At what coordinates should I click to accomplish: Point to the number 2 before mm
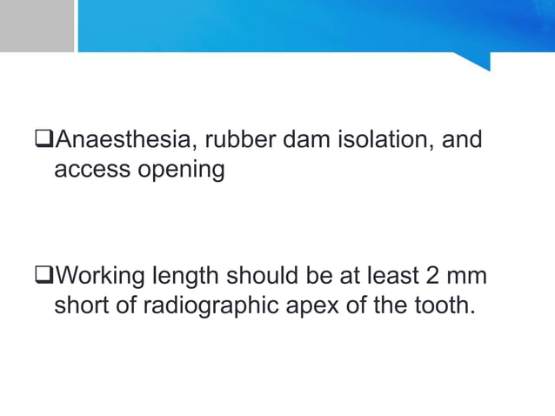433,278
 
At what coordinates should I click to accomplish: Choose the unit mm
468,278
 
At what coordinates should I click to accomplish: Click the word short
86,306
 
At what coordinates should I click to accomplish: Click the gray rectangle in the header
37,25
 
